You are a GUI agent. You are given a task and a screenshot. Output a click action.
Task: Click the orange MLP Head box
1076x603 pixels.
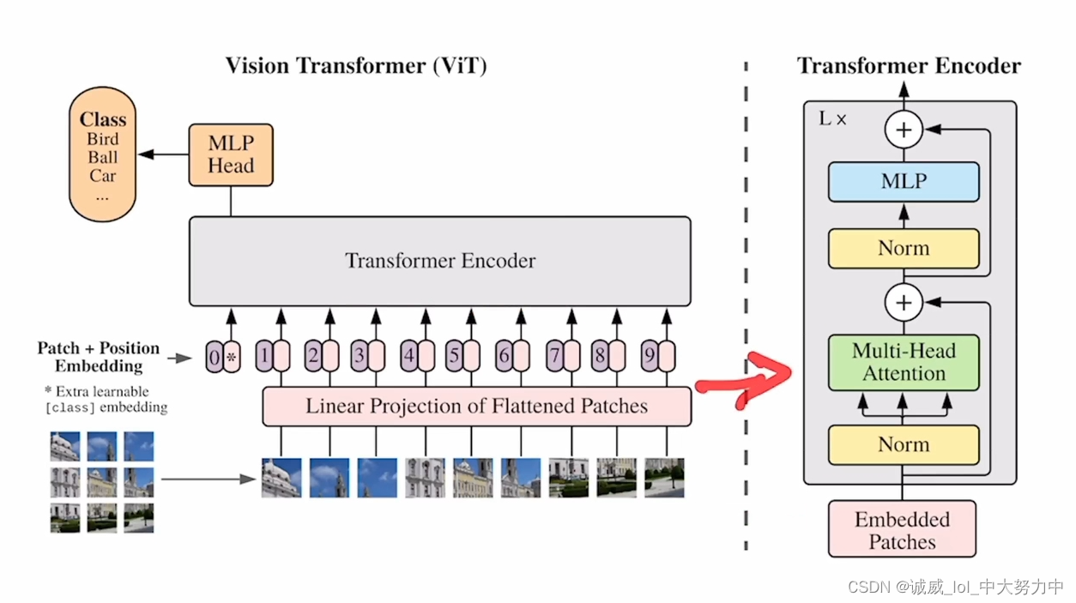tap(231, 155)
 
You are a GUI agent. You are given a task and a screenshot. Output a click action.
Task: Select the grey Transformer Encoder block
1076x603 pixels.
tap(439, 261)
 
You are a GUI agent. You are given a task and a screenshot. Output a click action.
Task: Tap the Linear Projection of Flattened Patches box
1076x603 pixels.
tap(476, 406)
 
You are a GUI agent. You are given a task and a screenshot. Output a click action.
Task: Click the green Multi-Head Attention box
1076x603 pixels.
tap(904, 362)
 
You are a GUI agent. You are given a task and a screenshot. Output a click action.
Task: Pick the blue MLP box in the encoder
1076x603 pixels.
tap(904, 182)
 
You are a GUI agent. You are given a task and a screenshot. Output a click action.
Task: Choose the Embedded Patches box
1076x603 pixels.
tap(902, 530)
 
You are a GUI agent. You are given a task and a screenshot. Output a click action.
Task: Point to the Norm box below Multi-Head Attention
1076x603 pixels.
tap(904, 444)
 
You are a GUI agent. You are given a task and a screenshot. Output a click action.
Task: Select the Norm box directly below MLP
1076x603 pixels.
tap(904, 249)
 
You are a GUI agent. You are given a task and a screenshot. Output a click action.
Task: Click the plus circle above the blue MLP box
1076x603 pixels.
tap(904, 130)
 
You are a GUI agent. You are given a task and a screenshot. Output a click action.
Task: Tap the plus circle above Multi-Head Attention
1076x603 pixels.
tap(904, 303)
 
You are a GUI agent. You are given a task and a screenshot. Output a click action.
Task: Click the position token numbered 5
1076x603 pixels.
tap(455, 355)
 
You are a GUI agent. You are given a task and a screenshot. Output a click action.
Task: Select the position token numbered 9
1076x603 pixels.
tap(650, 355)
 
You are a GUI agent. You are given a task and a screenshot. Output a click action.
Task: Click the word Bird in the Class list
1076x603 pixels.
tap(103, 140)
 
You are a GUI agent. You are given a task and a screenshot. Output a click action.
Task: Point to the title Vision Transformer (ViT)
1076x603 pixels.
tap(356, 66)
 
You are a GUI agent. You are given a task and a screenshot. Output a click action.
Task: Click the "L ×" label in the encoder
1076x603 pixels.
tap(832, 119)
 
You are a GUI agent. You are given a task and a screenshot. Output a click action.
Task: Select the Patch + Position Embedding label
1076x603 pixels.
tap(98, 357)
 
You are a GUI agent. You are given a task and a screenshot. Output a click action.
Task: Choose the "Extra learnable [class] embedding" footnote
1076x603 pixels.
tap(105, 400)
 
